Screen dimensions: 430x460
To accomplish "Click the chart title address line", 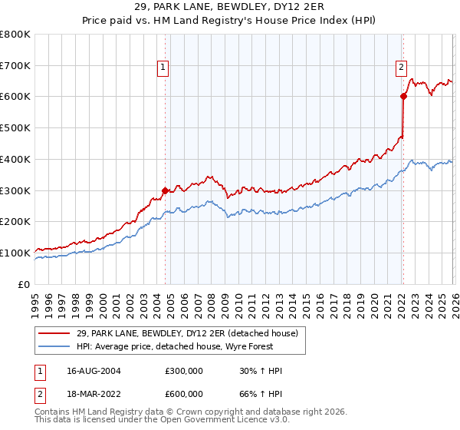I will click(x=230, y=8).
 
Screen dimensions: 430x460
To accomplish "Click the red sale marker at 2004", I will click(x=165, y=190).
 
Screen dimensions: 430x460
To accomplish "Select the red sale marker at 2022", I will click(x=402, y=96).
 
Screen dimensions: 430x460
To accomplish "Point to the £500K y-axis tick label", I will click(x=16, y=127).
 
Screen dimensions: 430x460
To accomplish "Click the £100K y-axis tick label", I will click(x=16, y=253).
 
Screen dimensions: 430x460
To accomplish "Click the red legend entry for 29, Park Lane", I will click(x=191, y=332).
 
